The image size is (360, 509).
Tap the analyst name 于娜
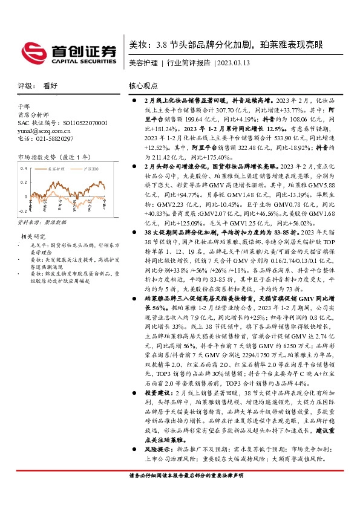coord(24,106)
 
